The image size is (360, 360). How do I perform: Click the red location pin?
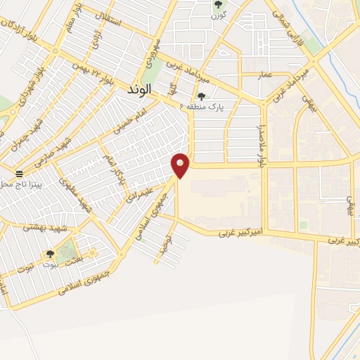click(180, 165)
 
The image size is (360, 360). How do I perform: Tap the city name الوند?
click(143, 90)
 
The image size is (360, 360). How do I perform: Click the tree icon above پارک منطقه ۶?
click(202, 96)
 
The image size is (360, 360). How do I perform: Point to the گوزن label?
click(217, 15)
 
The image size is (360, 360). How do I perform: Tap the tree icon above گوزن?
click(217, 5)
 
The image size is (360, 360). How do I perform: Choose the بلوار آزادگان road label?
click(20, 34)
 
